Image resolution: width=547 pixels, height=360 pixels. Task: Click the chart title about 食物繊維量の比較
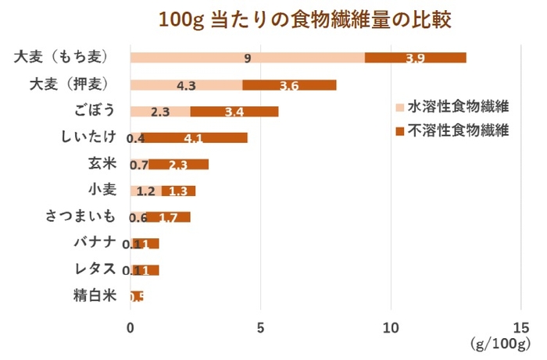pos(305,19)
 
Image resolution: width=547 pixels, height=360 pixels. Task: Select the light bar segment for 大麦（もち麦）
pos(247,57)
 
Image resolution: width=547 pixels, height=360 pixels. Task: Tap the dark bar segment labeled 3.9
pos(416,57)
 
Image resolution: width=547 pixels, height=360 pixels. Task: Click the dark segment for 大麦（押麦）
pos(289,84)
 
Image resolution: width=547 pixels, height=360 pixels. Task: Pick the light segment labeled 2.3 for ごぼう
pos(160,111)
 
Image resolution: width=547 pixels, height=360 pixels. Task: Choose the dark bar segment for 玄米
pos(178,164)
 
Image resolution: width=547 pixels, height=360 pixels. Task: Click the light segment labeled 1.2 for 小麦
pos(145,191)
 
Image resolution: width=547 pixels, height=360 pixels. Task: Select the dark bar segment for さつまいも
pos(167,217)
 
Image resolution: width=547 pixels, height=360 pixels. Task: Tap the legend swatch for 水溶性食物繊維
pos(399,107)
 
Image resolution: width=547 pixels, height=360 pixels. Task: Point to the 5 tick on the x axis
pos(261,328)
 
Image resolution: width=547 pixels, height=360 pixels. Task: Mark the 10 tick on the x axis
pos(391,328)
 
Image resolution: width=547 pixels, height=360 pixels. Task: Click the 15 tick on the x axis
pos(521,328)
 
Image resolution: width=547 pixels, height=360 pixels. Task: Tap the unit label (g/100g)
pos(500,344)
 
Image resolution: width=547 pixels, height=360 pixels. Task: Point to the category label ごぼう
pos(98,111)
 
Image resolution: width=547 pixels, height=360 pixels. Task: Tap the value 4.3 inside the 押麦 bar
pos(186,85)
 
